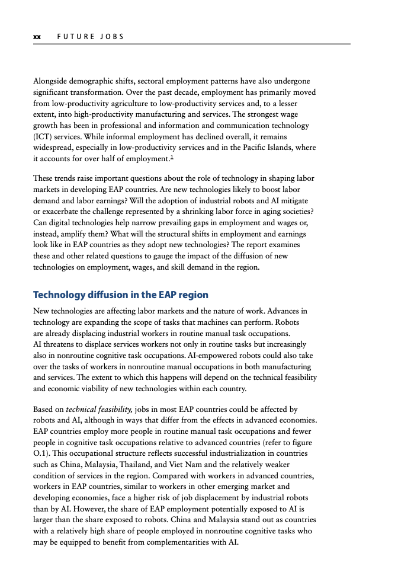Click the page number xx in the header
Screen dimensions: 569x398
click(37, 37)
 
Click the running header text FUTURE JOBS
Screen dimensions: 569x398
click(90, 37)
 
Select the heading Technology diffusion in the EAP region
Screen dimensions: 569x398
click(121, 295)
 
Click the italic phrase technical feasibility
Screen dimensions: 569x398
click(99, 410)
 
